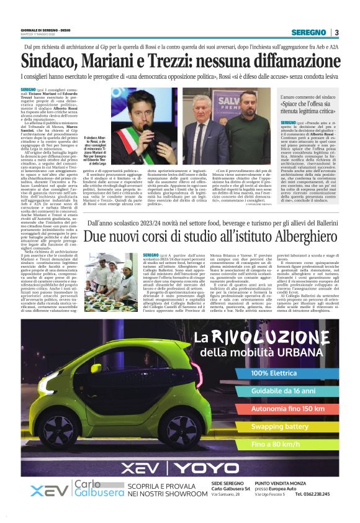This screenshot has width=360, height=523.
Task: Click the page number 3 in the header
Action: click(x=336, y=32)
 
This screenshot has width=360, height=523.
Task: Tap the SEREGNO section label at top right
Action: click(x=310, y=32)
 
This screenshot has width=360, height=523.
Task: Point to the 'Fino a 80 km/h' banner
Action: click(x=276, y=445)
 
